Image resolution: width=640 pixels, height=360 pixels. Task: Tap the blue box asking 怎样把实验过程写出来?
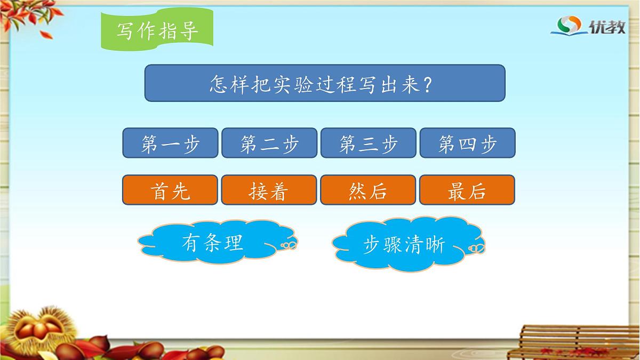(325, 83)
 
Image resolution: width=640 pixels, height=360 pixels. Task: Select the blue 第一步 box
(170, 143)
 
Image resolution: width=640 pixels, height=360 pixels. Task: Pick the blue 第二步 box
(269, 143)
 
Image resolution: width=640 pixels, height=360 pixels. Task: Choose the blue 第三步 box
(368, 143)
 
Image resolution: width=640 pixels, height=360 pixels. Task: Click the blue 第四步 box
(467, 143)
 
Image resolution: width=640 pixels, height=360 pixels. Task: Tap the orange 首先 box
(170, 190)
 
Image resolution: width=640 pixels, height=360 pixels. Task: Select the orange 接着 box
(269, 190)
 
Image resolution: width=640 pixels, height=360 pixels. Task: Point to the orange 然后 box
(368, 190)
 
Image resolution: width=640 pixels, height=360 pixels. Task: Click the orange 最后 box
(467, 190)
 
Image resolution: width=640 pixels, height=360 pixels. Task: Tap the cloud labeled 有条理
(212, 243)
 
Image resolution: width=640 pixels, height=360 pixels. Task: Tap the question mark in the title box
(427, 84)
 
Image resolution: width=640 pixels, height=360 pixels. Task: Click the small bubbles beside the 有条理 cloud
(289, 245)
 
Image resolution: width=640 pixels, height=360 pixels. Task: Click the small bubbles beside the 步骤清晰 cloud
(476, 248)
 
